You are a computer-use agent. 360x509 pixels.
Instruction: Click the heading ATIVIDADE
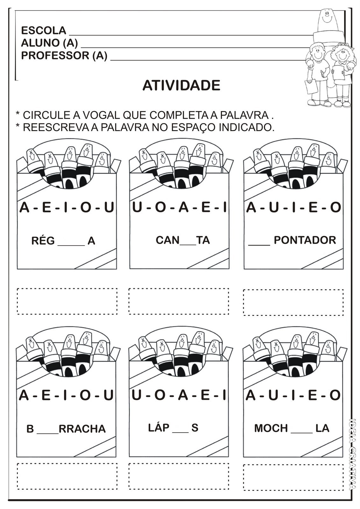[x=181, y=86]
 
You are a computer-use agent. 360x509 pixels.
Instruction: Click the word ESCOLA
[x=44, y=31]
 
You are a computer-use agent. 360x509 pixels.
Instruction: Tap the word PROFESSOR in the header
[x=55, y=56]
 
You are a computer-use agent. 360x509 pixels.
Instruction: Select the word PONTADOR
[x=305, y=240]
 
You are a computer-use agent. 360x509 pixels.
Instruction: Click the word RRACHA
[x=82, y=429]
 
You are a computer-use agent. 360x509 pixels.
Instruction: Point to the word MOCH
[x=271, y=428]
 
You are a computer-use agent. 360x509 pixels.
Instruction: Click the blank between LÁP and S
[x=180, y=431]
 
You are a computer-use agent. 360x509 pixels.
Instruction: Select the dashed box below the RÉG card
[x=67, y=301]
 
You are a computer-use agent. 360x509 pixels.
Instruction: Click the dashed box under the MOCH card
[x=293, y=478]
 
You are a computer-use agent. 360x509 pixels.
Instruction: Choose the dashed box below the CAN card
[x=179, y=301]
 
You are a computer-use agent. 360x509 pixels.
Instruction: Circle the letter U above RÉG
[x=109, y=208]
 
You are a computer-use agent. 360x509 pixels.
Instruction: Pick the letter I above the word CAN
[x=224, y=208]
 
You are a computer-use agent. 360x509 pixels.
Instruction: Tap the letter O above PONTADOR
[x=335, y=208]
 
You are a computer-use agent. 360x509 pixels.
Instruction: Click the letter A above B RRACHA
[x=24, y=395]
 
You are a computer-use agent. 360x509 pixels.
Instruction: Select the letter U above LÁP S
[x=136, y=395]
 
